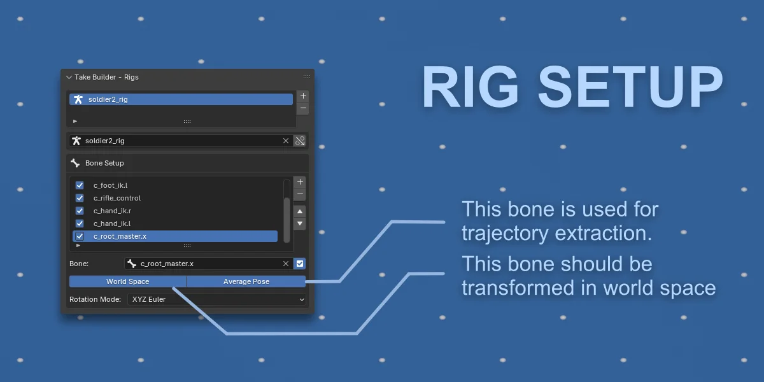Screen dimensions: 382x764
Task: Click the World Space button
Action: pyautogui.click(x=127, y=281)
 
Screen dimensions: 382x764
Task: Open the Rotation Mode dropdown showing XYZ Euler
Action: pyautogui.click(x=216, y=299)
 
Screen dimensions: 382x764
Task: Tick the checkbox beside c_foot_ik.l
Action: pyautogui.click(x=80, y=185)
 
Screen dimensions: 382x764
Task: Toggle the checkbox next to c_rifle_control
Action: pyautogui.click(x=80, y=198)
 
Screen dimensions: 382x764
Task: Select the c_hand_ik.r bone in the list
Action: pyautogui.click(x=112, y=211)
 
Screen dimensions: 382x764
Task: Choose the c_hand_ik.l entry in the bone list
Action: pyautogui.click(x=112, y=223)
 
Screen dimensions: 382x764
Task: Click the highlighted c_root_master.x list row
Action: pyautogui.click(x=175, y=236)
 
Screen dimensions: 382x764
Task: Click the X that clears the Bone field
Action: pyautogui.click(x=286, y=264)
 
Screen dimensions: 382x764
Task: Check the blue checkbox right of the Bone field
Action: pyautogui.click(x=301, y=264)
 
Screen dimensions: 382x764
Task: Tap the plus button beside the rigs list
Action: pyautogui.click(x=303, y=95)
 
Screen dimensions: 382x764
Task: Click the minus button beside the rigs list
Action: pyautogui.click(x=303, y=108)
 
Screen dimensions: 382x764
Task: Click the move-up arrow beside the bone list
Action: pyautogui.click(x=300, y=211)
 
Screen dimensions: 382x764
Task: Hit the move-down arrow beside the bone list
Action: pyautogui.click(x=300, y=224)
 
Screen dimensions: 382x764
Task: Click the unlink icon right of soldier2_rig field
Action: pyautogui.click(x=301, y=141)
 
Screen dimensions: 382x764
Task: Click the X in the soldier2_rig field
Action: pyautogui.click(x=286, y=141)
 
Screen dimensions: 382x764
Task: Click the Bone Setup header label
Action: pyautogui.click(x=104, y=163)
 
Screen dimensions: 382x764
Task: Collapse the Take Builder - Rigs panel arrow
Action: pyautogui.click(x=69, y=77)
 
